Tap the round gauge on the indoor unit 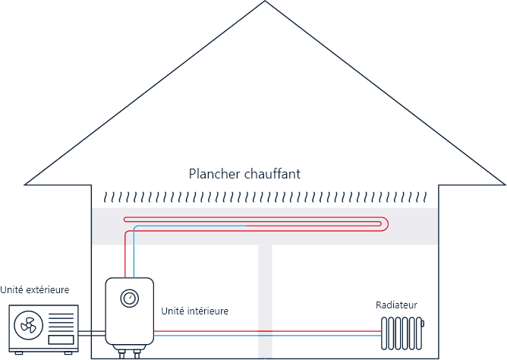point(130,297)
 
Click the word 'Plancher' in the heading point(214,174)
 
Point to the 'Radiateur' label point(396,305)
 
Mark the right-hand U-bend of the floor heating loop point(388,223)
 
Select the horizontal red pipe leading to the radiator point(266,331)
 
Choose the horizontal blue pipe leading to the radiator point(266,335)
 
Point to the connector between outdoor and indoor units point(91,333)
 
